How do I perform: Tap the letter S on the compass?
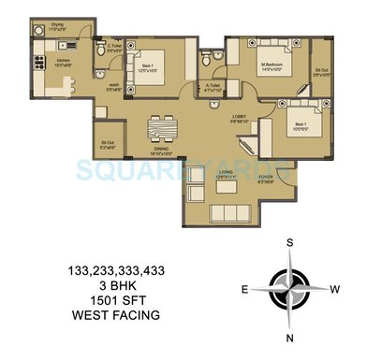point(291,242)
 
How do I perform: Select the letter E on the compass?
point(244,290)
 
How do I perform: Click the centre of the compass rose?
point(291,289)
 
